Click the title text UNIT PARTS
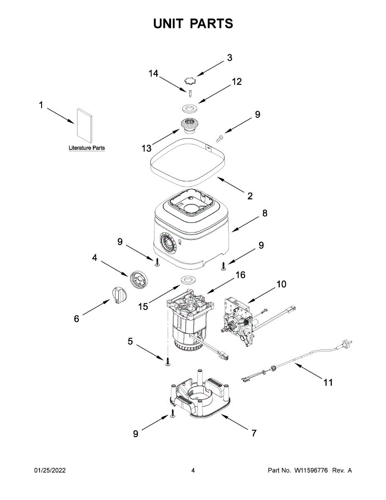(x=193, y=23)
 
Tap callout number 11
(x=328, y=382)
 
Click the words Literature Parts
(x=87, y=148)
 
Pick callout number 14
(x=154, y=74)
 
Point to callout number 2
(x=250, y=196)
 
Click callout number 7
(x=254, y=433)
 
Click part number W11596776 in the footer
(x=312, y=470)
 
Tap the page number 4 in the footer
(x=193, y=470)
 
